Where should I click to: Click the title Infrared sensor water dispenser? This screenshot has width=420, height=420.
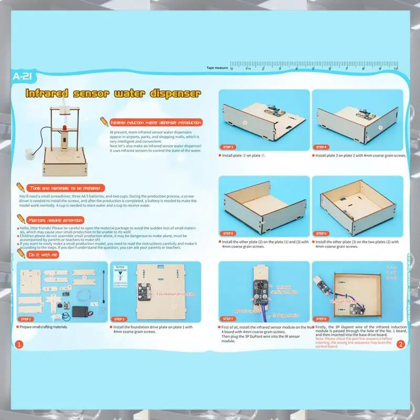113,94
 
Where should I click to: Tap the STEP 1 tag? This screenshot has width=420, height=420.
26,319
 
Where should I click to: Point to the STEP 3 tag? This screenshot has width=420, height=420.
228,148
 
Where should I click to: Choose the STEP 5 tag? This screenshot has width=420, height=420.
228,233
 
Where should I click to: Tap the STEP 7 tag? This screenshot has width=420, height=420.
228,319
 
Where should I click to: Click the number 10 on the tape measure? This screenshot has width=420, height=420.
395,68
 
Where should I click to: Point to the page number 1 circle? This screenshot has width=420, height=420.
19,345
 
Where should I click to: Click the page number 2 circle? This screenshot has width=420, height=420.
401,345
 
